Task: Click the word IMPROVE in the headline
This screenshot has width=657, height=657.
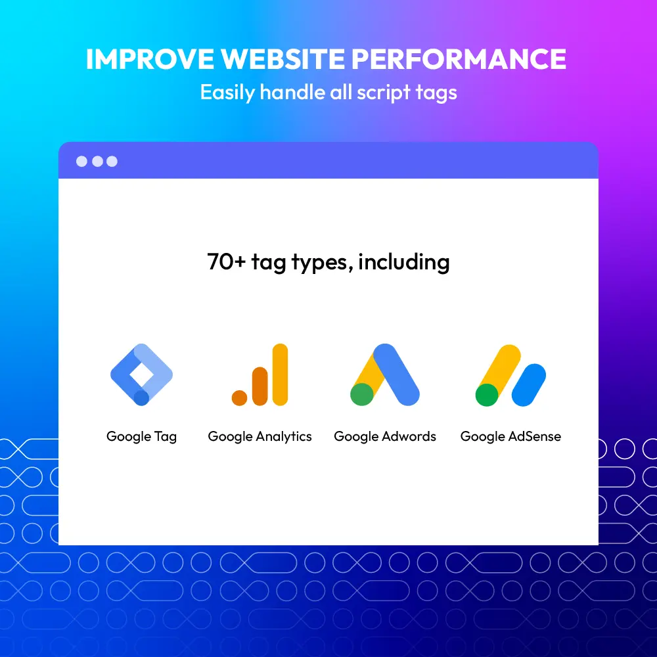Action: (150, 58)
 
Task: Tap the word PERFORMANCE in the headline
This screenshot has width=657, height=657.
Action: (459, 58)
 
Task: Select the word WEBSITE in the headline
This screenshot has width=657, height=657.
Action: (283, 58)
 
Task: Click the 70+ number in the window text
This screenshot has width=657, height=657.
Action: (226, 261)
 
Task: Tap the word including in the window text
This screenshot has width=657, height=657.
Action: (404, 262)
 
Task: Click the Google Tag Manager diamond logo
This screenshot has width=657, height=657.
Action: (142, 374)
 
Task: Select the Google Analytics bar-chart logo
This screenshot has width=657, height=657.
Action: (260, 374)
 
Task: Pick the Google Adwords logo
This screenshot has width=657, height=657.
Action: (384, 374)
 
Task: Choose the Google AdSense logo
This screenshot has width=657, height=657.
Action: (510, 375)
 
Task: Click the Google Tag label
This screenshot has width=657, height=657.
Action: (142, 437)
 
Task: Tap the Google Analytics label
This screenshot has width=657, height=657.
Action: (260, 437)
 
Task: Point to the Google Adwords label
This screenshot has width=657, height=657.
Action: (384, 437)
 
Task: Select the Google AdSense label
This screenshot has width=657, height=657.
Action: (510, 437)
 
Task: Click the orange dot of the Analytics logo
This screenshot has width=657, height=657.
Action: (239, 397)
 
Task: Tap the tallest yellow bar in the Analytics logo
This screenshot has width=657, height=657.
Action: (280, 374)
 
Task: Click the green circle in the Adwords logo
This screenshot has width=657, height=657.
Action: (361, 394)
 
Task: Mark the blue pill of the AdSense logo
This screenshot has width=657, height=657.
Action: (529, 384)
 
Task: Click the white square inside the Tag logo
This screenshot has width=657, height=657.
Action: (142, 374)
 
